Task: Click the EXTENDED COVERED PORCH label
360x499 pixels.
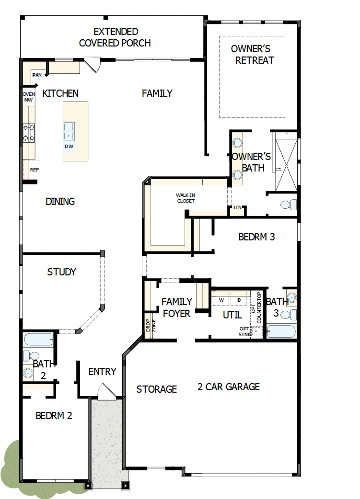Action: pyautogui.click(x=115, y=37)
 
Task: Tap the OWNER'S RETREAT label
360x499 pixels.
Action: pyautogui.click(x=251, y=54)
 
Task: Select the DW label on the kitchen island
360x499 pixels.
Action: pyautogui.click(x=69, y=146)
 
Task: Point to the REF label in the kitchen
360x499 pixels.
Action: pyautogui.click(x=34, y=170)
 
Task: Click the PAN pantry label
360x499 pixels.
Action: pyautogui.click(x=37, y=75)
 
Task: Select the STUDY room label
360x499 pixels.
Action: pyautogui.click(x=61, y=272)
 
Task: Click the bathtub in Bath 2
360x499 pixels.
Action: pyautogui.click(x=38, y=340)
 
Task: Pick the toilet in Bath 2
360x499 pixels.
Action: pyautogui.click(x=33, y=356)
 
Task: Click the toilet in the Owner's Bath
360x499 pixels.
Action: pyautogui.click(x=287, y=205)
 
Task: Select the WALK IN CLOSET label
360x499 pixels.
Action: pyautogui.click(x=185, y=198)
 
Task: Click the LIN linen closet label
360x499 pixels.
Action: pyautogui.click(x=237, y=208)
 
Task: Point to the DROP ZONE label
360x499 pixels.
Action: pyautogui.click(x=148, y=326)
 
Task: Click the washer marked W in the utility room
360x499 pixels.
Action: pyautogui.click(x=221, y=300)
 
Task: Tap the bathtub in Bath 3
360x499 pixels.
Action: pyautogui.click(x=282, y=331)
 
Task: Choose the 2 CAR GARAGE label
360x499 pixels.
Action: pyautogui.click(x=229, y=386)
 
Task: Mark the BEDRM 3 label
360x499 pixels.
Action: pyautogui.click(x=256, y=237)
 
